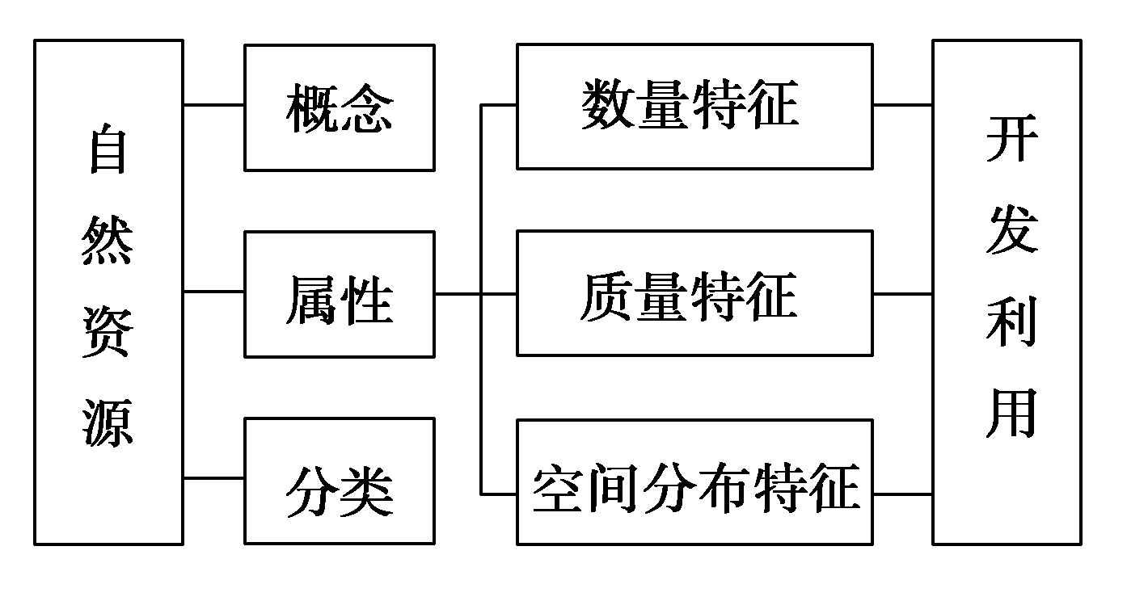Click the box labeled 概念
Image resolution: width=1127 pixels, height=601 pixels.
click(x=339, y=107)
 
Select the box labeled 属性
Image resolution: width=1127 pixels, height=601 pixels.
click(x=339, y=294)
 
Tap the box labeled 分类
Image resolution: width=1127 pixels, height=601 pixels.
click(x=339, y=481)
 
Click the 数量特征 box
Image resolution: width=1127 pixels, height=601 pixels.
click(x=694, y=106)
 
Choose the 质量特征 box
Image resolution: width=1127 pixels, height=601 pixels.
click(x=694, y=293)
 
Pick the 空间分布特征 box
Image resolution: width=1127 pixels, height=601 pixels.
click(x=694, y=481)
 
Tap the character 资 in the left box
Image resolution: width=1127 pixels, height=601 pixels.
click(x=108, y=332)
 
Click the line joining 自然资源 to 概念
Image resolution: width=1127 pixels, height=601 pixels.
click(x=214, y=104)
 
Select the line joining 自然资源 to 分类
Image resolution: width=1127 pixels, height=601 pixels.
click(x=214, y=478)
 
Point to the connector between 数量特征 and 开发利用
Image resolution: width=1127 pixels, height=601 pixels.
click(x=902, y=105)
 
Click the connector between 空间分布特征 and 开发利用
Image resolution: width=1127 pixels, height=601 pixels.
click(x=902, y=494)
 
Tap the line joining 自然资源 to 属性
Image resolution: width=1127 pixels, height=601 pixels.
click(x=214, y=292)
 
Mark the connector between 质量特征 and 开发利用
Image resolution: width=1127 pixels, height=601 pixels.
click(x=902, y=294)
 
